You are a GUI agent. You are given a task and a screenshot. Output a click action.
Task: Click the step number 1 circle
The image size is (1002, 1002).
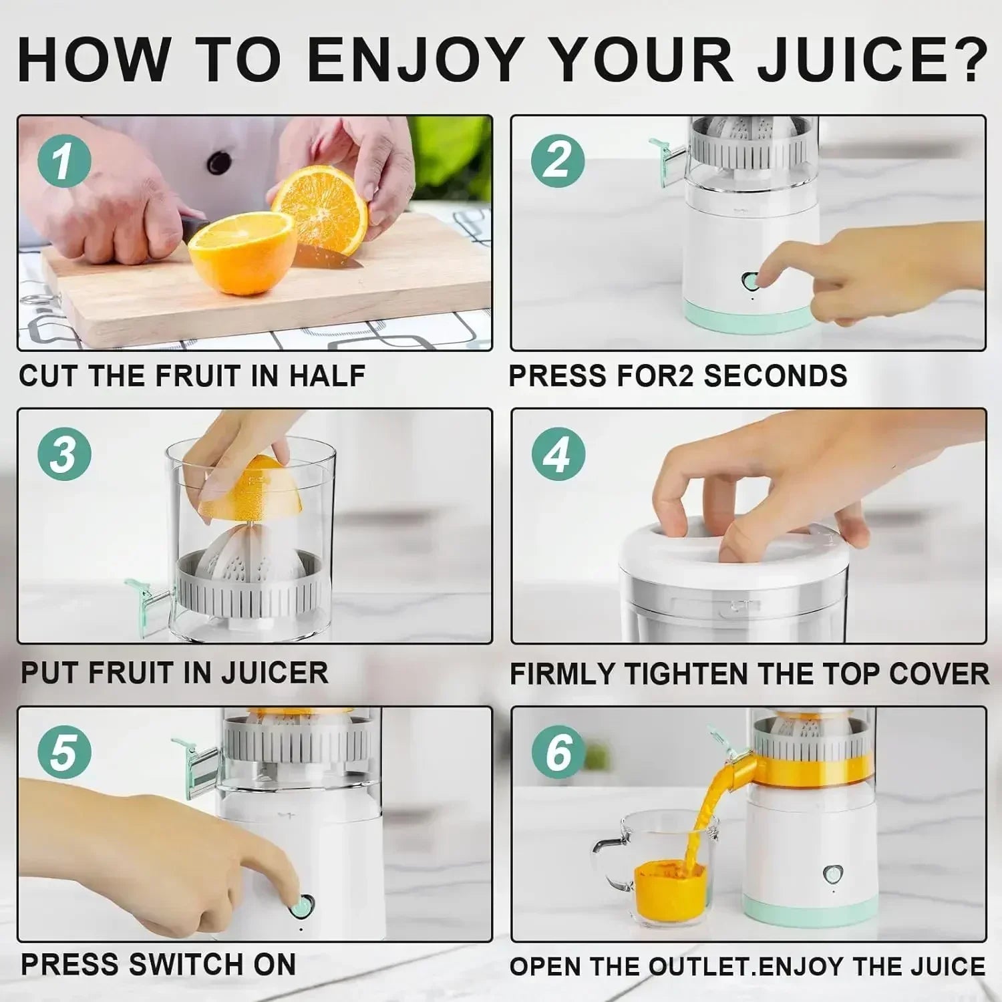[64, 161]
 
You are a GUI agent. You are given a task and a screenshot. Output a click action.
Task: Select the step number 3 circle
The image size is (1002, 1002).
[64, 454]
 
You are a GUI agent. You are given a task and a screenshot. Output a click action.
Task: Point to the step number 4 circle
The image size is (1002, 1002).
[558, 454]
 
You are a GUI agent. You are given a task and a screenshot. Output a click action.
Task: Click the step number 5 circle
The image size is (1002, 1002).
[64, 752]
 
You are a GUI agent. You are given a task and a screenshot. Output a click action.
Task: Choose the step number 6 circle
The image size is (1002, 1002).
[558, 752]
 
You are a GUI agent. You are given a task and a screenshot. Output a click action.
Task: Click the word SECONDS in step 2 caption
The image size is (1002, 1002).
[775, 376]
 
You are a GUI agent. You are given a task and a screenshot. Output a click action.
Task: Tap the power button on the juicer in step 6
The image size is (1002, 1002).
[832, 873]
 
